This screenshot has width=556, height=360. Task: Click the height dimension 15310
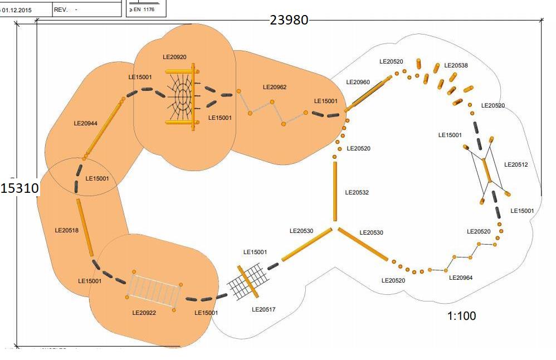(19, 188)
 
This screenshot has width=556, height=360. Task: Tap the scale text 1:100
(462, 316)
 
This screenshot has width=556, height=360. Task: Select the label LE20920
(174, 57)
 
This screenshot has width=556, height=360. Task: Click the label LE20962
(275, 87)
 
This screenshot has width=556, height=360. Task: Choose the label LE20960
(358, 82)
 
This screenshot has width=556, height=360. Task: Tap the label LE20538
(456, 65)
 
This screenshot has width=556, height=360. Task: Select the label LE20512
(515, 164)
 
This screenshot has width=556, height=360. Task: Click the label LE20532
(357, 192)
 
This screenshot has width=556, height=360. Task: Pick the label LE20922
(144, 313)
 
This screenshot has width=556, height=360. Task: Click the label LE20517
(264, 309)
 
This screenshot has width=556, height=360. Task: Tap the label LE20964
(460, 278)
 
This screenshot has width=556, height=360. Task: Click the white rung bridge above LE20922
(154, 288)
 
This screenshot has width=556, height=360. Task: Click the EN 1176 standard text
(143, 9)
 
